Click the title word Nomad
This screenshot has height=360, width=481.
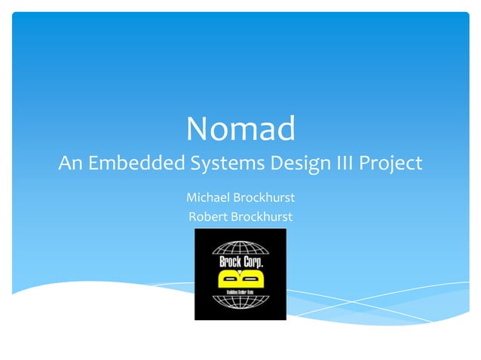click(240, 129)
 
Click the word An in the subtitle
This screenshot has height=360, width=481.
click(70, 163)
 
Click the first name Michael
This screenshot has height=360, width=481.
click(207, 197)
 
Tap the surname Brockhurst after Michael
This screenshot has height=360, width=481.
click(263, 197)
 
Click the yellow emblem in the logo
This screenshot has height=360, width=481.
click(240, 279)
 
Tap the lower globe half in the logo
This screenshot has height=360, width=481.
click(240, 304)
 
